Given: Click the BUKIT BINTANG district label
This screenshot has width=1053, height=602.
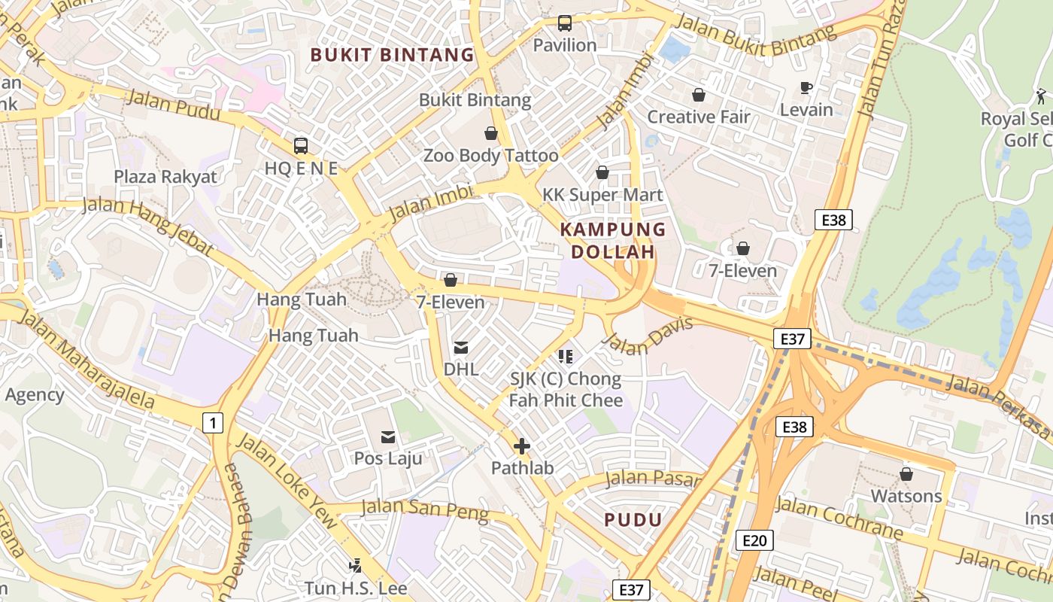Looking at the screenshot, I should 392,55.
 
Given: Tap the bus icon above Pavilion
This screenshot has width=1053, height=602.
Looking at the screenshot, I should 565,23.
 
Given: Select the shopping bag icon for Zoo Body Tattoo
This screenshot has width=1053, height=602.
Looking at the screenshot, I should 491,133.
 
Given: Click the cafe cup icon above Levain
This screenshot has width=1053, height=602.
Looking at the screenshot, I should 806,87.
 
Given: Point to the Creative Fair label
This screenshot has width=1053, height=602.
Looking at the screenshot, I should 699,117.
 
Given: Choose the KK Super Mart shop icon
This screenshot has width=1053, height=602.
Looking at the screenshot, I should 602,172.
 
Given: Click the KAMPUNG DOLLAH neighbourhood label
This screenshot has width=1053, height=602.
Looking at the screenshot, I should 614,240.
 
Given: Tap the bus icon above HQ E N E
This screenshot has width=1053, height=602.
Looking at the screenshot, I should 301,146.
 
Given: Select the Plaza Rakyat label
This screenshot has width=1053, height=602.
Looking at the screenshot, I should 165,177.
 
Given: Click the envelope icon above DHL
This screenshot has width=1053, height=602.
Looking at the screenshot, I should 461,348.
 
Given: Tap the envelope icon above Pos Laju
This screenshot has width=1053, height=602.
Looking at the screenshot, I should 388,436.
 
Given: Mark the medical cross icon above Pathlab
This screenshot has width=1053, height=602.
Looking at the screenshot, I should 522,446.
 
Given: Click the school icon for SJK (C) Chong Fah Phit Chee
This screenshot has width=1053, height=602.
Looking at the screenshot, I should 566,357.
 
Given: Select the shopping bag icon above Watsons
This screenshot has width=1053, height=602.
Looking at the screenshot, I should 906,474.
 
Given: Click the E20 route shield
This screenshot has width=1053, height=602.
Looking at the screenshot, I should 754,540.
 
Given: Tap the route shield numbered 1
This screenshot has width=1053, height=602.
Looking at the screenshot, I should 214,424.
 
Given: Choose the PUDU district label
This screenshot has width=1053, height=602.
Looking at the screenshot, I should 633,519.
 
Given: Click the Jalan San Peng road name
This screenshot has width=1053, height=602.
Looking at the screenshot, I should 425,509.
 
